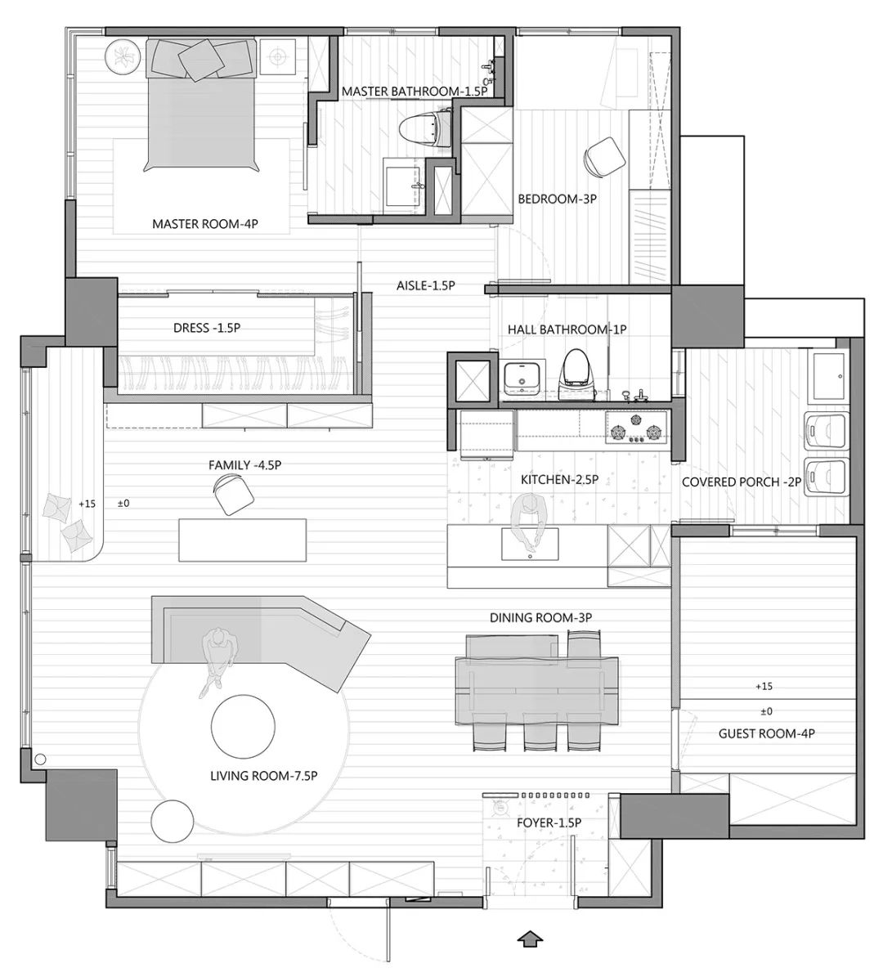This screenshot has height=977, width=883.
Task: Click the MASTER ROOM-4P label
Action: [x=205, y=224]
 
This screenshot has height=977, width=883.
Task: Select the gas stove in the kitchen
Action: [x=635, y=428]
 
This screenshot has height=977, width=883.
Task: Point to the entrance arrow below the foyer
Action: [x=531, y=939]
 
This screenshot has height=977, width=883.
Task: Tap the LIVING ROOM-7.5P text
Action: [x=264, y=776]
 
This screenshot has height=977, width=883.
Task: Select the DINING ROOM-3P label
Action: [x=540, y=617]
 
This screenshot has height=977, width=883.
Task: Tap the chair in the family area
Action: [x=234, y=494]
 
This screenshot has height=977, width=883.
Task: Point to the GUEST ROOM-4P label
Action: [x=766, y=733]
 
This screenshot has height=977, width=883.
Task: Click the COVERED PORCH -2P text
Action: [x=742, y=482]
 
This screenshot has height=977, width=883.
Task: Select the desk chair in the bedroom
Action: [x=603, y=156]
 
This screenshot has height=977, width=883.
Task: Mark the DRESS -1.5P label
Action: [x=207, y=328]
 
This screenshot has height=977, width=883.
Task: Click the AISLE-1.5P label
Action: [x=426, y=285]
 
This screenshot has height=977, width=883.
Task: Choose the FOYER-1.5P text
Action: [x=549, y=822]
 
